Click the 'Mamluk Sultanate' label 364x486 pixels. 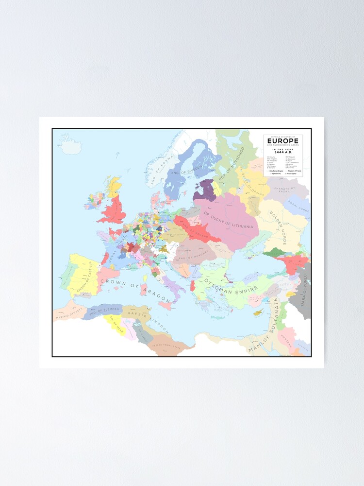tap(265, 326)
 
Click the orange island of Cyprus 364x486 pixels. tap(259, 312)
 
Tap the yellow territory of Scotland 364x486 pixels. tap(114, 187)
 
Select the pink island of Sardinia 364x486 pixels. tap(144, 290)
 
